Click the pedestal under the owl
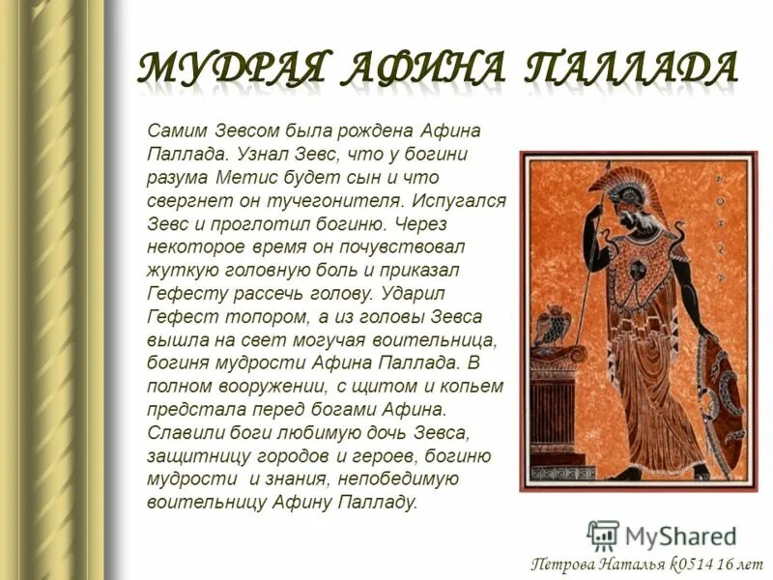point(554,406)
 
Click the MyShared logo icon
point(603,535)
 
